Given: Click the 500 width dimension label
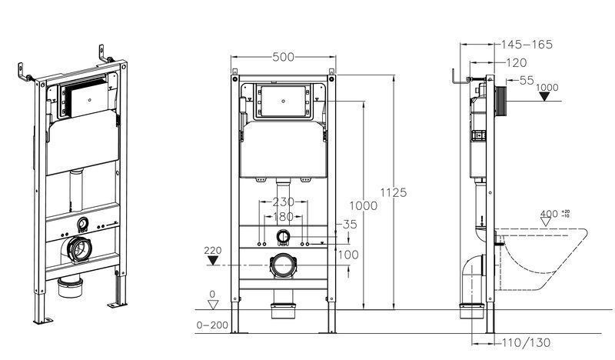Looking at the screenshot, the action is [283, 58].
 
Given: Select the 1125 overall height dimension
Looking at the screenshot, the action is [394, 193].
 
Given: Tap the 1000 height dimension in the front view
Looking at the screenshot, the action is [363, 205].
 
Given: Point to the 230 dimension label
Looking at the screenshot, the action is [283, 202].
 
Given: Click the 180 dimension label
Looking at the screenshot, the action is [283, 216].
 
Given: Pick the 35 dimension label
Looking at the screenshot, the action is [350, 224].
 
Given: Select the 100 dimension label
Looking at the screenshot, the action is [348, 255].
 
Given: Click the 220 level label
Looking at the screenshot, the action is [213, 250].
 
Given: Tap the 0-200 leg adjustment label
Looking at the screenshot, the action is [212, 325].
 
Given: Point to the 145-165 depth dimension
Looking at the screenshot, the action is [527, 45].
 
